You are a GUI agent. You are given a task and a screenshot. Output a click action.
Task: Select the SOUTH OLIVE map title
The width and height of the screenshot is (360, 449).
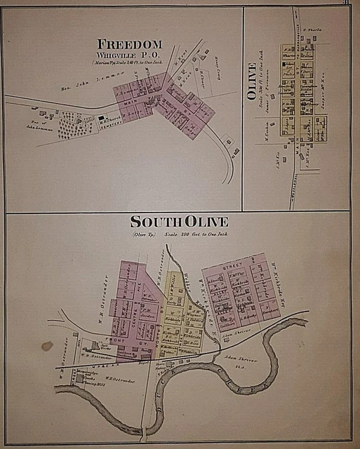[x=180, y=222]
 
